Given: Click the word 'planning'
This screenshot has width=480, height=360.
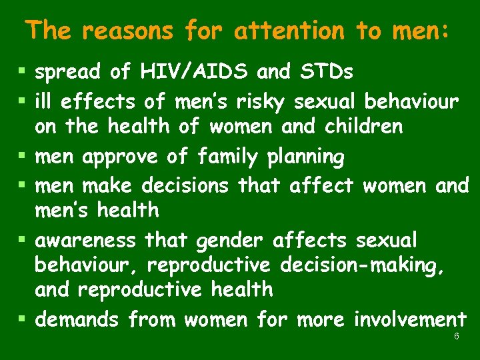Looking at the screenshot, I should tap(305, 158).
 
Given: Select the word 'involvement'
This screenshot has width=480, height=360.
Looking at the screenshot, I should tap(410, 320).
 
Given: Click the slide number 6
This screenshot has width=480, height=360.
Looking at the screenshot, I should tap(456, 337).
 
